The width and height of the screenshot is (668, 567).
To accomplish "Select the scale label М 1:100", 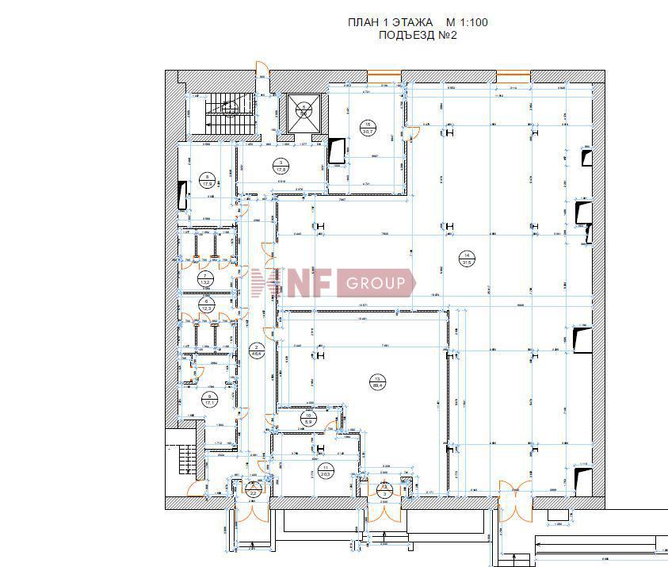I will coord(467,22).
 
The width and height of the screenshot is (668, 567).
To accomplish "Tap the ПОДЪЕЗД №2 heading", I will coord(418,35).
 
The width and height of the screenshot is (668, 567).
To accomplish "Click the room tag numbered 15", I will coord(368,128).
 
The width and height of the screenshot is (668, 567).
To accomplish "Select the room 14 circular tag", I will coord(468,259).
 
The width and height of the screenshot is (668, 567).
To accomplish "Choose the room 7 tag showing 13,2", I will coord(205,278).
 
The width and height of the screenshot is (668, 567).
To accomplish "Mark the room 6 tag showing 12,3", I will coord(207,305).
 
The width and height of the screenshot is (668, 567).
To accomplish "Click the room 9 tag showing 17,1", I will coord(208,400).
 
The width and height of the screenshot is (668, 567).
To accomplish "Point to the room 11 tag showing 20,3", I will coord(326,469).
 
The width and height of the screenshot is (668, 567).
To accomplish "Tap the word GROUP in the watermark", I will coord(376,283).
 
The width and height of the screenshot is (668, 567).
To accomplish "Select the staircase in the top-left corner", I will coord(227,111).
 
